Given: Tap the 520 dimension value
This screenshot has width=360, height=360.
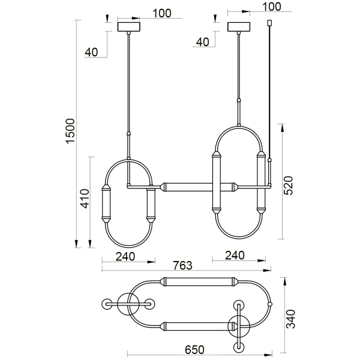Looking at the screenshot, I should [289, 186].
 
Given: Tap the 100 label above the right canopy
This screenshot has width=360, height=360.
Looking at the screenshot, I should [271, 7].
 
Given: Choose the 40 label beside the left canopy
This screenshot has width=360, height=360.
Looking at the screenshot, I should [91, 52].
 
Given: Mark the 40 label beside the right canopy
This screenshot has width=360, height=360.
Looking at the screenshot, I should [202, 41].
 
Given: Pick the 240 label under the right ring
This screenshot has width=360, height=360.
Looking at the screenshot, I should [234, 255].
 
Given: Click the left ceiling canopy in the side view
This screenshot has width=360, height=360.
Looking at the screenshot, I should [130, 27].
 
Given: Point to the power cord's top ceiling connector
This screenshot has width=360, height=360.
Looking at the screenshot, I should [269, 24].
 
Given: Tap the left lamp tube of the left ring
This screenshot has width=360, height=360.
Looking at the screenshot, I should [107, 203].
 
